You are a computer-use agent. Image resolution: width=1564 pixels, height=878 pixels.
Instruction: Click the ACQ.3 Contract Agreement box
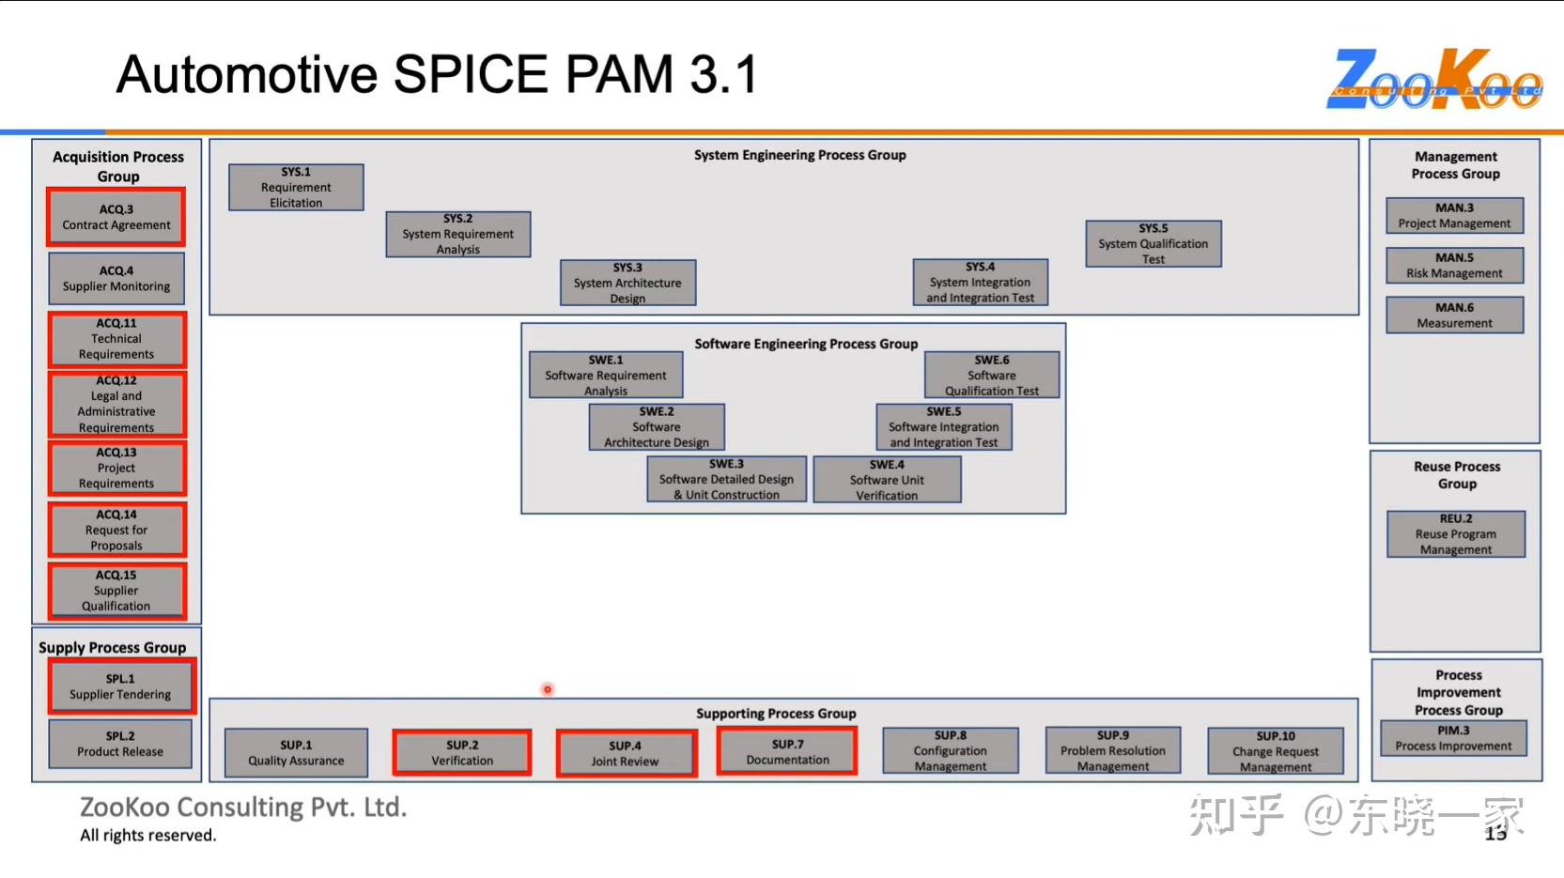pyautogui.click(x=116, y=218)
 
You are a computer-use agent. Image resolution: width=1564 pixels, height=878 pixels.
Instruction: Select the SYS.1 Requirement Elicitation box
pyautogui.click(x=296, y=188)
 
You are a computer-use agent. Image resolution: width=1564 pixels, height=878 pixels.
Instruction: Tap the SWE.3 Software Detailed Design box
pyautogui.click(x=726, y=479)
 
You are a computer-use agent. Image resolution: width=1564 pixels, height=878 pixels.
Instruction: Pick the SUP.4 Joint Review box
pyautogui.click(x=626, y=754)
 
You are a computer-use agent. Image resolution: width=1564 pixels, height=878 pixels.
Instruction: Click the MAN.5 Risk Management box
pyautogui.click(x=1454, y=266)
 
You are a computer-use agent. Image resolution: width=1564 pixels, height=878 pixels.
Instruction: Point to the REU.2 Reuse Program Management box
pyautogui.click(x=1456, y=534)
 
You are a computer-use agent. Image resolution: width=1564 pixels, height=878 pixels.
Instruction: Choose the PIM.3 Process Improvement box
pyautogui.click(x=1453, y=738)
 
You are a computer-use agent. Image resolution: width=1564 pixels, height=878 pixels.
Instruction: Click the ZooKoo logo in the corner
pyautogui.click(x=1433, y=80)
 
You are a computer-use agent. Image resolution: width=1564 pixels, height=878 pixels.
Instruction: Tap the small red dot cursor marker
pyautogui.click(x=548, y=689)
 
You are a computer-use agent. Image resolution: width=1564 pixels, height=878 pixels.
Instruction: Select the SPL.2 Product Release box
pyautogui.click(x=120, y=744)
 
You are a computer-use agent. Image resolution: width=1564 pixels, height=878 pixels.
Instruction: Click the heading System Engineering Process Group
pyautogui.click(x=799, y=155)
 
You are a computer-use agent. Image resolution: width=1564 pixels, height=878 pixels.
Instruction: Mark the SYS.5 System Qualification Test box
pyautogui.click(x=1154, y=244)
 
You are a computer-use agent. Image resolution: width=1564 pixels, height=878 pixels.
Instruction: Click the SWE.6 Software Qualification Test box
pyautogui.click(x=992, y=376)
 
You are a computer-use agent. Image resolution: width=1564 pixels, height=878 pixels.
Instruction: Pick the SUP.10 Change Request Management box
pyautogui.click(x=1276, y=751)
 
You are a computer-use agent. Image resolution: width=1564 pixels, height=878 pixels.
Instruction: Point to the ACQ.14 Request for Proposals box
pyautogui.click(x=116, y=530)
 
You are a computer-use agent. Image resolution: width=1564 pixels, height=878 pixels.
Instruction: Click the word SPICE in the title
pyautogui.click(x=470, y=74)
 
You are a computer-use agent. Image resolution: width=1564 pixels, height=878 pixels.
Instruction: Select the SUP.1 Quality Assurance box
pyautogui.click(x=296, y=753)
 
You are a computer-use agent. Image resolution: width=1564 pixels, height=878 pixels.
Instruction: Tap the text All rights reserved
pyautogui.click(x=148, y=836)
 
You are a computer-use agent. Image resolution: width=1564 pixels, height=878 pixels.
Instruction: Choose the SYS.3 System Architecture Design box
pyautogui.click(x=627, y=283)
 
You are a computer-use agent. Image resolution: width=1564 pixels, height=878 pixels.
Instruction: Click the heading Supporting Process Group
pyautogui.click(x=776, y=714)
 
